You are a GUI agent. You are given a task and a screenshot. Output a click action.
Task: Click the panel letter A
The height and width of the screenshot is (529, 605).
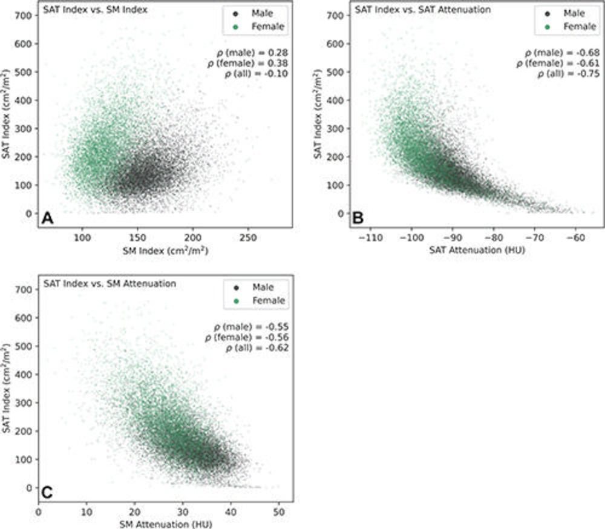tap(47, 219)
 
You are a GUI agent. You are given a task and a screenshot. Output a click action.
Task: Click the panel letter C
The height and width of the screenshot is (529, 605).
tap(47, 493)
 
